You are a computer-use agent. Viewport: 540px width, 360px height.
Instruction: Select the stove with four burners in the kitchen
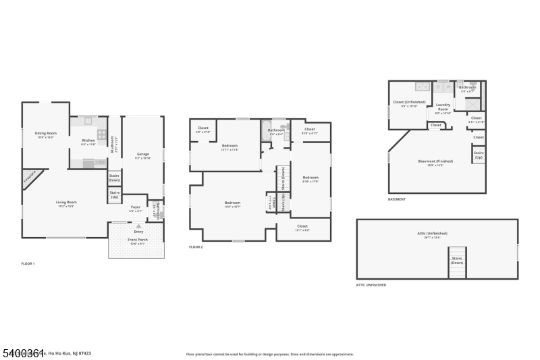[101, 134]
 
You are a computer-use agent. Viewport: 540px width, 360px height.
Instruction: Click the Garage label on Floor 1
[142, 154]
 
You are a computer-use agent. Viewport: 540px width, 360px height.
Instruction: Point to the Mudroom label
[113, 145]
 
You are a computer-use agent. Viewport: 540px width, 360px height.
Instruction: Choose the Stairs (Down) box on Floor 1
[115, 178]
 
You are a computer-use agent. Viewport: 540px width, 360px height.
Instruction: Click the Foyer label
[135, 208]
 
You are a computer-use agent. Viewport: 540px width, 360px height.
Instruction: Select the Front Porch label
[138, 241]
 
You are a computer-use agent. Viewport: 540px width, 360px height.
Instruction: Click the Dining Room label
[46, 134]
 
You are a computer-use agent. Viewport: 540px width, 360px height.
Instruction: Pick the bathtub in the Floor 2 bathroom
[265, 132]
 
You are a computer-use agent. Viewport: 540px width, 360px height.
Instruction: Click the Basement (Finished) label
[435, 161]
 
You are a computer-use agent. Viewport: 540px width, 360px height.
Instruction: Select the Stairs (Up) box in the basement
[479, 155]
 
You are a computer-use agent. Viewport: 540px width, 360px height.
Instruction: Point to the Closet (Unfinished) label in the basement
[410, 103]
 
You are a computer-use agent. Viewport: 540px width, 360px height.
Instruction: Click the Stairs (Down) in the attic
[457, 261]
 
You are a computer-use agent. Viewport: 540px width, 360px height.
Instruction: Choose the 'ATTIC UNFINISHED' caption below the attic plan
[371, 285]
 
